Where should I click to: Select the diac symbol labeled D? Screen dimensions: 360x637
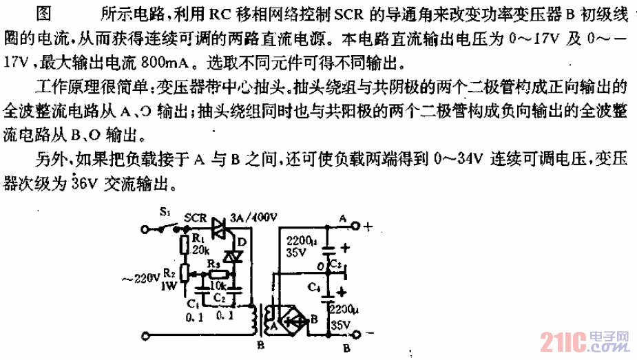point(237,256)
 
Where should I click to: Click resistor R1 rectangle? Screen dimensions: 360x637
point(183,245)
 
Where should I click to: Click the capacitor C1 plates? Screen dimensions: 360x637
point(198,290)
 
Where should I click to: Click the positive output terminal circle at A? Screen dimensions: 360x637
point(356,226)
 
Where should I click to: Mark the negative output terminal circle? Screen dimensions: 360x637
point(356,336)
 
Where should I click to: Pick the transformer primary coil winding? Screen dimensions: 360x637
point(255,318)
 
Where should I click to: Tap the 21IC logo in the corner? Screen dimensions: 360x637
point(565,340)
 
